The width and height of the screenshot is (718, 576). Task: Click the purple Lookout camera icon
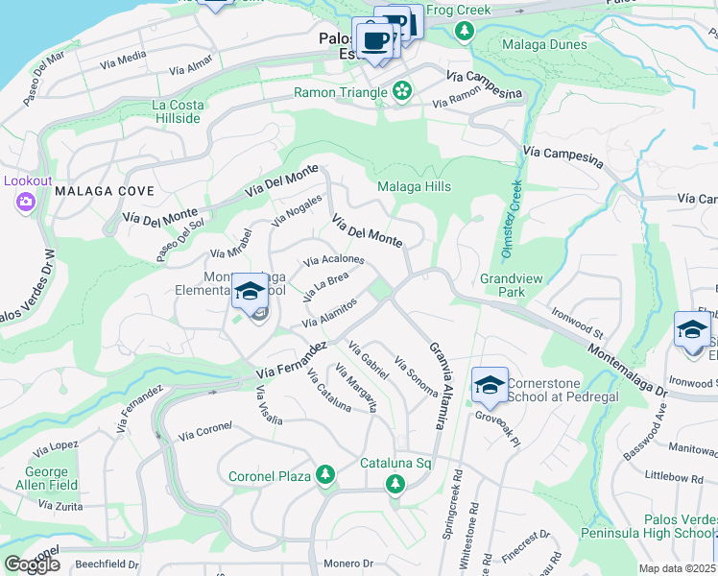[x=24, y=202]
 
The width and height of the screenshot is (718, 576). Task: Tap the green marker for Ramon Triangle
[x=402, y=92]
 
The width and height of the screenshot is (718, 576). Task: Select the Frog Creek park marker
[x=465, y=31]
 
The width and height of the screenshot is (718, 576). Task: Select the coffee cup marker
[x=373, y=41]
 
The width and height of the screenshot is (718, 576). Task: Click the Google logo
[x=32, y=564]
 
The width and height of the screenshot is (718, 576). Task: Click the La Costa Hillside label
[x=176, y=110]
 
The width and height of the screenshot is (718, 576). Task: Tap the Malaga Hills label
[x=414, y=186]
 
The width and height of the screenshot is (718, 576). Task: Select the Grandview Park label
[x=512, y=285]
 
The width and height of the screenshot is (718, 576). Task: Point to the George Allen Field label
[x=46, y=479]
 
